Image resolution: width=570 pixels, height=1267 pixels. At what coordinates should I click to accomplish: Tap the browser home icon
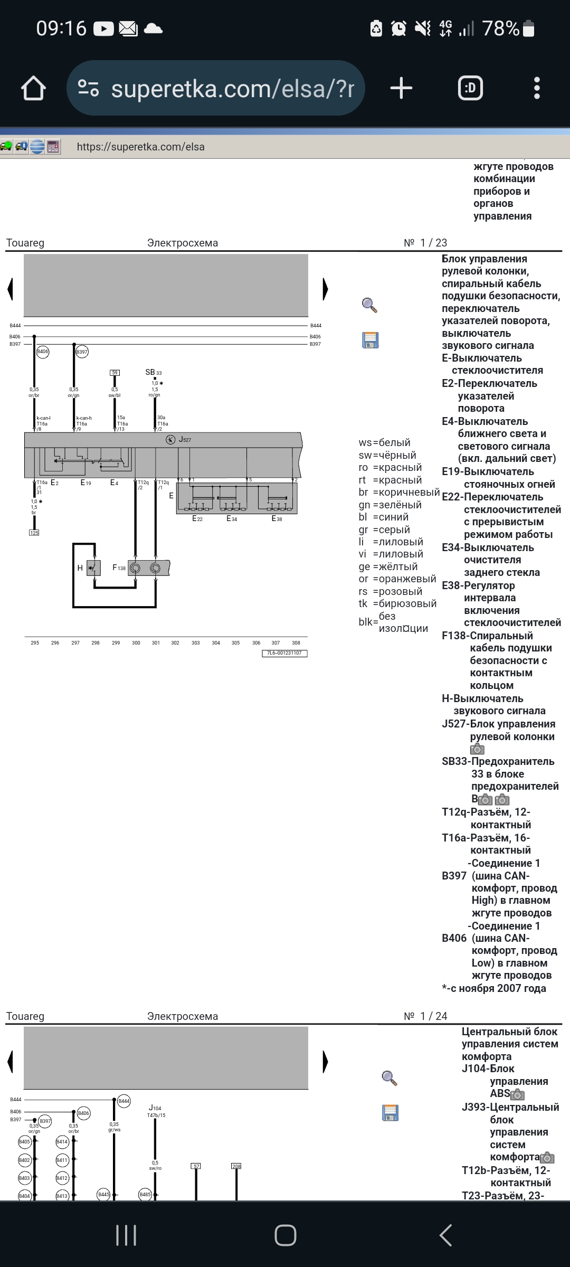(33, 88)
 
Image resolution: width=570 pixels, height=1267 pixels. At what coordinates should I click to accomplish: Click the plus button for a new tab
(401, 88)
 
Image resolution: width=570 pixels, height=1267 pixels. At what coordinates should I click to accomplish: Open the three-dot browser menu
(537, 88)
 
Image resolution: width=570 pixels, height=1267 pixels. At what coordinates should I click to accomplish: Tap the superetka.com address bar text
(232, 89)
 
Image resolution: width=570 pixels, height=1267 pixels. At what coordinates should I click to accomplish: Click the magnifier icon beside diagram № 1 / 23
(369, 305)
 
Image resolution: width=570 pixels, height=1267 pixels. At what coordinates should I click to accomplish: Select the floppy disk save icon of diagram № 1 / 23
(370, 340)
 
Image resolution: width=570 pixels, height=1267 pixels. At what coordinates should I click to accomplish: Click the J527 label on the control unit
(185, 439)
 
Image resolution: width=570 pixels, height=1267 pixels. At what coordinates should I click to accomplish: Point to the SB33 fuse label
(153, 372)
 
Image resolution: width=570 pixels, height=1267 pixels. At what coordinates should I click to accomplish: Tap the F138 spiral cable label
(119, 568)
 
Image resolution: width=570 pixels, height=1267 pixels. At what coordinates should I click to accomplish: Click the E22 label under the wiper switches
(197, 518)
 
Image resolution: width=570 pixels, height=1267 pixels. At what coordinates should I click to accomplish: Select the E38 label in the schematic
(277, 518)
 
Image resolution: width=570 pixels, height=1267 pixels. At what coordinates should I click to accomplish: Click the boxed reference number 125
(34, 533)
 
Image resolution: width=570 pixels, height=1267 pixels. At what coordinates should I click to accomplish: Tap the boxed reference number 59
(115, 372)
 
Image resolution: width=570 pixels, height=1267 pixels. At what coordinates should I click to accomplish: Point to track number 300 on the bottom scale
(136, 642)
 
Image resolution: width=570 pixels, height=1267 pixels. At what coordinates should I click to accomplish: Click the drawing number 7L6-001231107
(284, 653)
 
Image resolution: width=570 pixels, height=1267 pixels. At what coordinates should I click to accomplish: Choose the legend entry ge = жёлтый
(388, 566)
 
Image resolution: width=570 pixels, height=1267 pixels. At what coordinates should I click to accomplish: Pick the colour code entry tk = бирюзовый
(397, 603)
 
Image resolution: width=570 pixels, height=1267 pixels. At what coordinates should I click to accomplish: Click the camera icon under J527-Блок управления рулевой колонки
(477, 749)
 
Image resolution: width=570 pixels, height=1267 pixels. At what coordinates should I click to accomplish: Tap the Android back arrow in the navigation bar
(446, 1235)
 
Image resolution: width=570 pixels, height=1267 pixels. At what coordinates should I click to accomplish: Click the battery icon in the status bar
(528, 28)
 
